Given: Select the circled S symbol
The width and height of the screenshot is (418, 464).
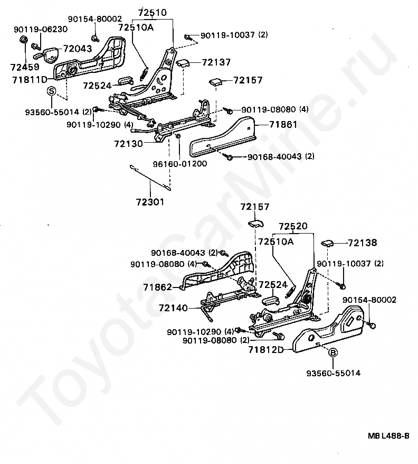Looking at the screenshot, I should pyautogui.click(x=52, y=91).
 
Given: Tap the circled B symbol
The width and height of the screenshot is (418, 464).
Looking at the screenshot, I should pyautogui.click(x=333, y=354).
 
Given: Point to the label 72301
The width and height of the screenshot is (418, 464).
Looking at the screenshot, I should pyautogui.click(x=150, y=201).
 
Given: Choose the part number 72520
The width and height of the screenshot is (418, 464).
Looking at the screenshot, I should pyautogui.click(x=293, y=227).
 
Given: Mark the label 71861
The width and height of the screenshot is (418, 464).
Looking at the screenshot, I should pyautogui.click(x=283, y=125).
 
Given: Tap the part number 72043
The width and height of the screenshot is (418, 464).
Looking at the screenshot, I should pyautogui.click(x=78, y=49).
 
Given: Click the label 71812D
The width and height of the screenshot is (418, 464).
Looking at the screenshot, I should pyautogui.click(x=265, y=350).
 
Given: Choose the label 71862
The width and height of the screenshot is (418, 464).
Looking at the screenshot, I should pyautogui.click(x=157, y=287).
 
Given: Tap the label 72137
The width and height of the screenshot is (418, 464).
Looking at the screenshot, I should pyautogui.click(x=216, y=62).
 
